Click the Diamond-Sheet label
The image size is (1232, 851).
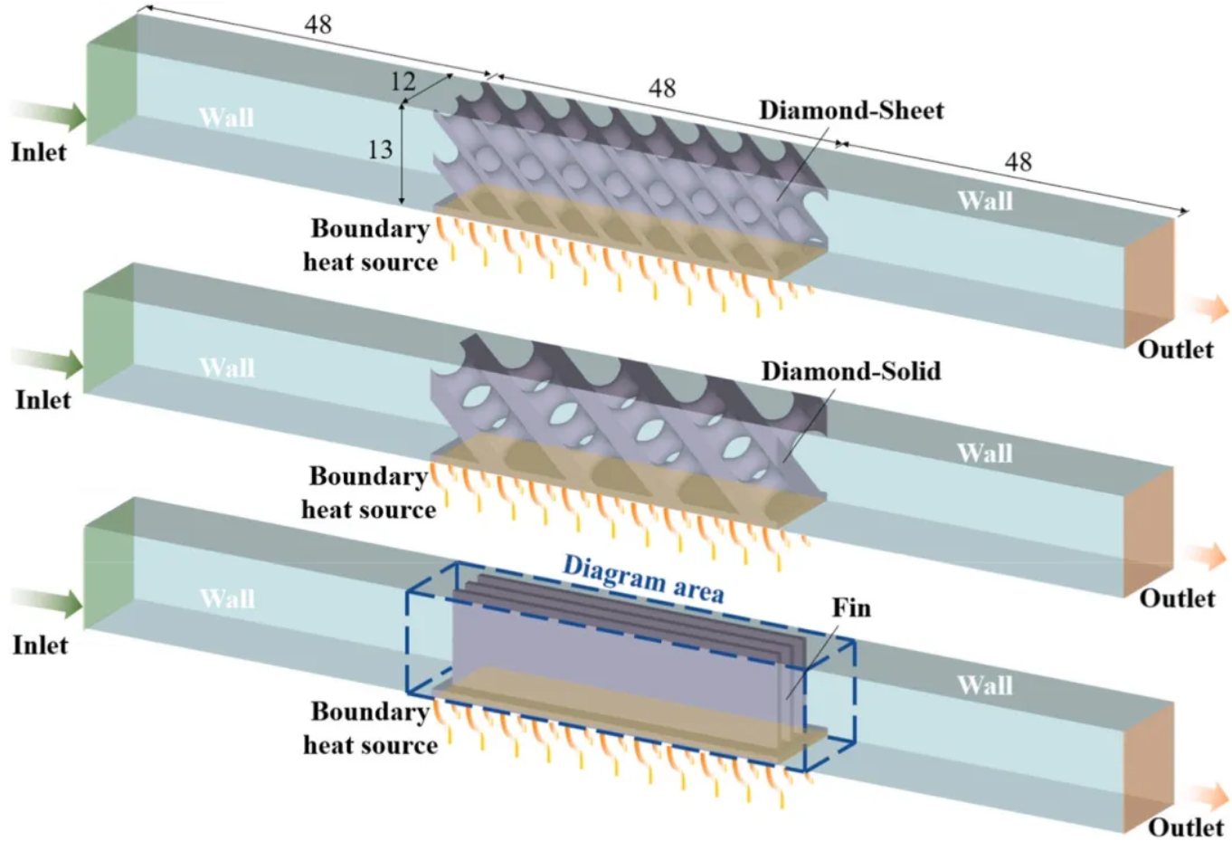[851, 110]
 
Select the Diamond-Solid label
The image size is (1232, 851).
[850, 371]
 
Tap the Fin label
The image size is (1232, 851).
[851, 607]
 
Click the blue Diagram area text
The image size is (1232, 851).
[643, 579]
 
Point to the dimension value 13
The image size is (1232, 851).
[380, 149]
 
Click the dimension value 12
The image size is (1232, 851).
[403, 82]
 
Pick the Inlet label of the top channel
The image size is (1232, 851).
[39, 152]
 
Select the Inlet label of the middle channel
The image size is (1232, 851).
[43, 399]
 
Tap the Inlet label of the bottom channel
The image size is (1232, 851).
[40, 645]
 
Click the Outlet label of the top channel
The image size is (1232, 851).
[1175, 349]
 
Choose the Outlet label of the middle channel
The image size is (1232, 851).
[1177, 598]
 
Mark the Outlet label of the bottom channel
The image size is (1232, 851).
[1186, 827]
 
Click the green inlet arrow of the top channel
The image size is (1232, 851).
[50, 115]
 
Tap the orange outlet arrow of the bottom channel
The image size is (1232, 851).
[1208, 797]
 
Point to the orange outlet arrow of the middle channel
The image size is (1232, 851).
[1208, 558]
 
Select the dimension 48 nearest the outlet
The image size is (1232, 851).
[1018, 162]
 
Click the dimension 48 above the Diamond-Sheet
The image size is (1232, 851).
[661, 88]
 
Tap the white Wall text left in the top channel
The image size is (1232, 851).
[226, 118]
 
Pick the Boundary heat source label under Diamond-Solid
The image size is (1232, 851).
[369, 493]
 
